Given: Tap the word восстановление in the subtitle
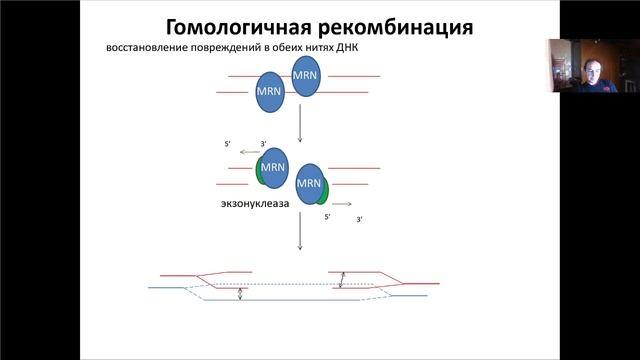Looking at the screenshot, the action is tap(155, 49).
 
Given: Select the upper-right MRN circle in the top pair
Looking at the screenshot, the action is tap(306, 76).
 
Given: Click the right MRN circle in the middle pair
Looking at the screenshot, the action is tap(310, 183).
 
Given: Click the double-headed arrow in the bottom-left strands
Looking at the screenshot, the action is tap(240, 294).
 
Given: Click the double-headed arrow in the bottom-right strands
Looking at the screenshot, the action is tap(342, 280).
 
